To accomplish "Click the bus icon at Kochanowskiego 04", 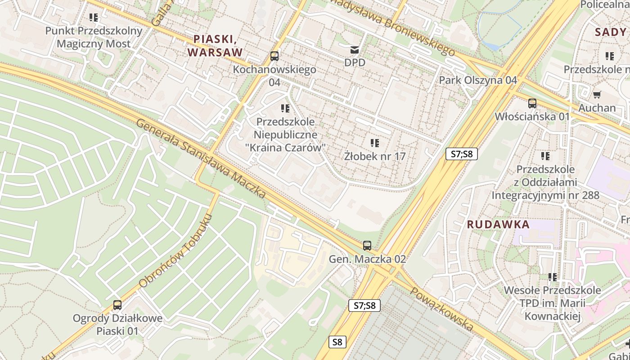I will pyautogui.click(x=274, y=56).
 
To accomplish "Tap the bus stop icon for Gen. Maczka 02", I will pyautogui.click(x=367, y=246).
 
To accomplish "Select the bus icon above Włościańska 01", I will pyautogui.click(x=532, y=103).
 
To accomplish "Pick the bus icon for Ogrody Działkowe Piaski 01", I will pyautogui.click(x=117, y=305).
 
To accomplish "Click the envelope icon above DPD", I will pyautogui.click(x=355, y=49).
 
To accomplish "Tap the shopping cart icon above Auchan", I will pyautogui.click(x=597, y=94).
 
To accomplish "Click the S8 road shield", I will pyautogui.click(x=337, y=342).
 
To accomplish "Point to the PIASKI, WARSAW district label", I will pyautogui.click(x=215, y=45).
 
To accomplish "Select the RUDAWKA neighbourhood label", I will pyautogui.click(x=498, y=225).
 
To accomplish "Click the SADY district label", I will pyautogui.click(x=610, y=32).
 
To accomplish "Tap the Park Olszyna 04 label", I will pyautogui.click(x=478, y=80).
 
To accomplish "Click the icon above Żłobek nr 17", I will pyautogui.click(x=374, y=143).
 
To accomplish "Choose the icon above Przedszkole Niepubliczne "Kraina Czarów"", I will pyautogui.click(x=285, y=108).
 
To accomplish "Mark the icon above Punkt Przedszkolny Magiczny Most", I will pyautogui.click(x=94, y=18).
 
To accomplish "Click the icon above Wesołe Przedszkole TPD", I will pyautogui.click(x=552, y=277).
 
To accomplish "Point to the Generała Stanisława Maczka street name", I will pyautogui.click(x=201, y=158).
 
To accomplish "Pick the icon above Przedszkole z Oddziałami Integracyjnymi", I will pyautogui.click(x=545, y=156).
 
